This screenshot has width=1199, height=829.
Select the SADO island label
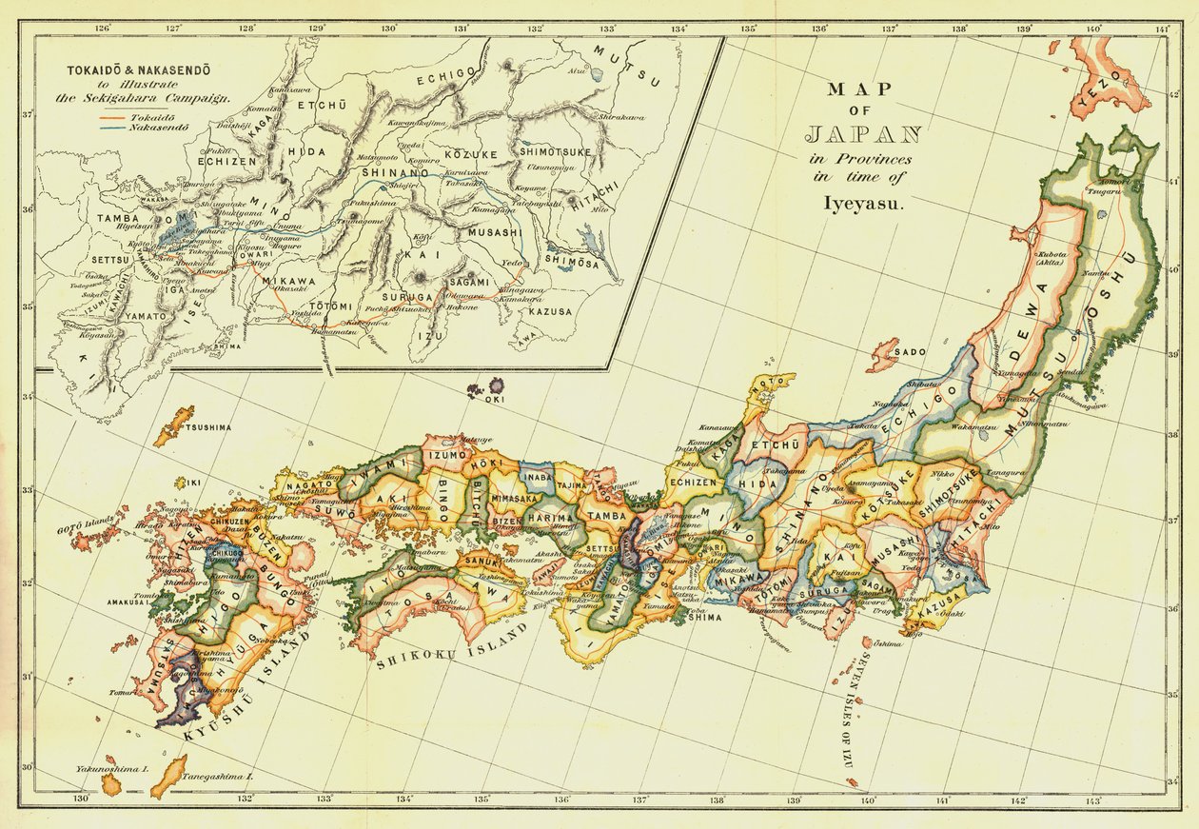tap(911, 352)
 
